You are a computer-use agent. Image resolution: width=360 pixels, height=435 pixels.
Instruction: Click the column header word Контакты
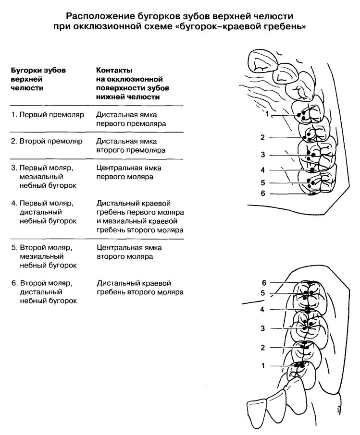[x=114, y=70]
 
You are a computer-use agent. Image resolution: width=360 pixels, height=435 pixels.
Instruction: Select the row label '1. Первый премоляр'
[x=48, y=115]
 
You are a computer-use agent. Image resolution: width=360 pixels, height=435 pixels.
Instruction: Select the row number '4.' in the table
[x=14, y=203]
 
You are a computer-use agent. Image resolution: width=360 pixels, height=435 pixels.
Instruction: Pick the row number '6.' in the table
[x=14, y=283]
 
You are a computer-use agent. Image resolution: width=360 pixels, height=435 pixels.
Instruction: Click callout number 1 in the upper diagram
[x=266, y=114]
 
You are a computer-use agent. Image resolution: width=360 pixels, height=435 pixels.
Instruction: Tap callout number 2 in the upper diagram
[x=262, y=138]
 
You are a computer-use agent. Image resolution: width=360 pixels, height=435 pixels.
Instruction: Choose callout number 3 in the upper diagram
[x=262, y=155]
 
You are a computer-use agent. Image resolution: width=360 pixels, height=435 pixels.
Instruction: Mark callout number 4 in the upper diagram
[x=262, y=170]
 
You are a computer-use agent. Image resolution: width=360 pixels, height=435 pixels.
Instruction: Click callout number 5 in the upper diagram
[x=262, y=182]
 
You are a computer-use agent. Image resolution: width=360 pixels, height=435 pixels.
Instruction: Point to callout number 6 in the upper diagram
[x=262, y=193]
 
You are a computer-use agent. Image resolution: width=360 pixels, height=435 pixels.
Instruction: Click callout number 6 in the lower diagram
[x=263, y=282]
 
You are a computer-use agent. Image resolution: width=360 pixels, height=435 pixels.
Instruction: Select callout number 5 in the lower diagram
[x=262, y=293]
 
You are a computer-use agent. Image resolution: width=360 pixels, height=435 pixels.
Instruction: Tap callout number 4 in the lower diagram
[x=262, y=310]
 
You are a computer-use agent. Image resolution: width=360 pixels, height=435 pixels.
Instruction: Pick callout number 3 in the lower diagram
[x=262, y=328]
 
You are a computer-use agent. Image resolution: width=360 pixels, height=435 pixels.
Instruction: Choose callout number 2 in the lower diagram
[x=262, y=348]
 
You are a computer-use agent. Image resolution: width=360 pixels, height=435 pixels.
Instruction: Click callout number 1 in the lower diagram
[x=262, y=366]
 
